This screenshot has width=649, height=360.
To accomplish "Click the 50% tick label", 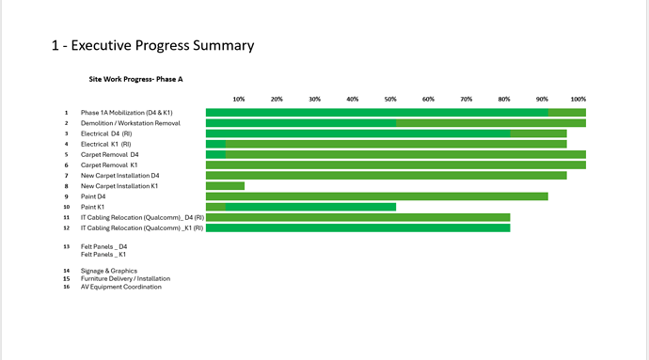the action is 390,100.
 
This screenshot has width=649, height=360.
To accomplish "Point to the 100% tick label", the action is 578,100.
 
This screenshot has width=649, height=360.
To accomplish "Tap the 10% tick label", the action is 239,100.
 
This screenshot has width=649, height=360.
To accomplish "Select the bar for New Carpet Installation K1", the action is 225,186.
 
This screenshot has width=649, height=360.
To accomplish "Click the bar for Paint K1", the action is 301,207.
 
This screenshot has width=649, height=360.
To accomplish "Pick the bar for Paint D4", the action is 377,196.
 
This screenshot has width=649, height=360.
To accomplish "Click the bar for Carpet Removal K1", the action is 396,165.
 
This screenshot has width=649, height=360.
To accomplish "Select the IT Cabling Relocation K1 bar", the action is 358,228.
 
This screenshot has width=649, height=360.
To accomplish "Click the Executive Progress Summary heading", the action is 152,45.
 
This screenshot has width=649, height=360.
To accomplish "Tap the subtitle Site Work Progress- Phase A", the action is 135,79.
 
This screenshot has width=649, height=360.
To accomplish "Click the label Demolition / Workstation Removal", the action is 131,123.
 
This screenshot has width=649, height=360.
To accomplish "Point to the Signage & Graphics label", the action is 109,271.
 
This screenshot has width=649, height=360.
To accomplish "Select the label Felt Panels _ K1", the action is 103,255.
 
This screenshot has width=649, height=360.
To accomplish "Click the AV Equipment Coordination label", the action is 120,287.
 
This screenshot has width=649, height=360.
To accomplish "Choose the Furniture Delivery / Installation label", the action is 125,279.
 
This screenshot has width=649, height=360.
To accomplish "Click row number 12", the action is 66,228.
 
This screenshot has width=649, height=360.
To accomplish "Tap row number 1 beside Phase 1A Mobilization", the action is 66,113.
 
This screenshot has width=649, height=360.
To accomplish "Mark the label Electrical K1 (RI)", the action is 106,145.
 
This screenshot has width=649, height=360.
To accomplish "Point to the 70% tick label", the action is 466,100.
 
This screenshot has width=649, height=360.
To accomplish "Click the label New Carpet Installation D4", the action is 120,176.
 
